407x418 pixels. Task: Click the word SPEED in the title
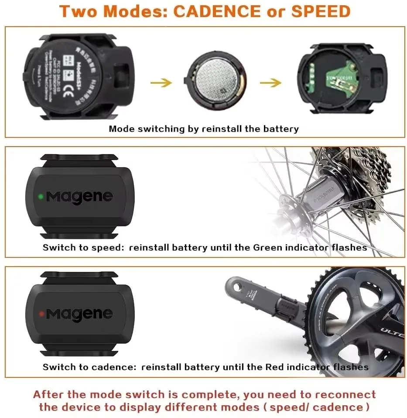pos(321,11)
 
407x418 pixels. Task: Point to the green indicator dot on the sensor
pos(41,196)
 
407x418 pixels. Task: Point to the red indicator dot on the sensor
pos(41,313)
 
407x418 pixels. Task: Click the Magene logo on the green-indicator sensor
pos(79,197)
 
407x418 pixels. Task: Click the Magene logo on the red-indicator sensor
pos(79,313)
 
